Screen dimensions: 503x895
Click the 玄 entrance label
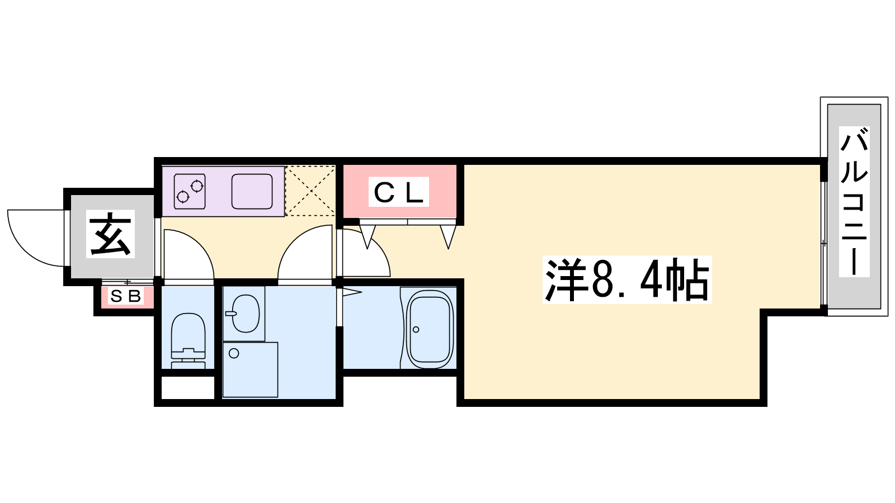111,234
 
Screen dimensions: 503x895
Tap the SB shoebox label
126,296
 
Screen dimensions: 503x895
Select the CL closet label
398,192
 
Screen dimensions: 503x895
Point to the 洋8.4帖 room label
626,279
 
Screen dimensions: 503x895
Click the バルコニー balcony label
854,202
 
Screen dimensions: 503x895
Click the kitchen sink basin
252,191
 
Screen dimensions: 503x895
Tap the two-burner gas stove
189,191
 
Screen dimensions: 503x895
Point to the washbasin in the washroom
244,313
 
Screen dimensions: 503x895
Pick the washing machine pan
250,369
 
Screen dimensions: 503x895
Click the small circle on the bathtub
416,329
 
